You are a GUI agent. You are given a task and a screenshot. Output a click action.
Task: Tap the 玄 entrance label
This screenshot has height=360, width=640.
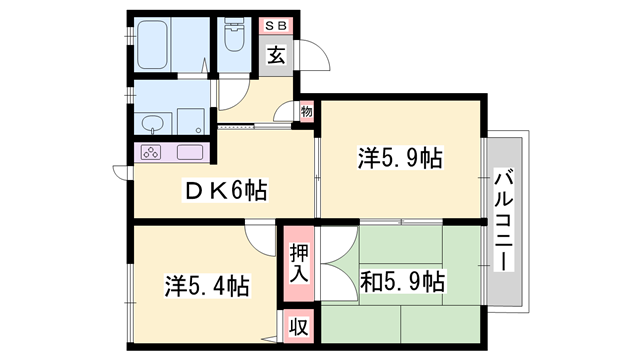click(276, 56)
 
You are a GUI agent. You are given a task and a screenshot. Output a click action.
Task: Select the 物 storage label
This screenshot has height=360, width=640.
click(306, 112)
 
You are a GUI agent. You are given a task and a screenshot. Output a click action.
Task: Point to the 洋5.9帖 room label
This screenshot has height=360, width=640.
click(401, 158)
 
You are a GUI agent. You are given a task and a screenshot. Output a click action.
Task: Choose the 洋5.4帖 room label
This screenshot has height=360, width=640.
click(206, 287)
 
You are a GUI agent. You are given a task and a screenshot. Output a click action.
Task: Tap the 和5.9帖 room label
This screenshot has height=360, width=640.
click(404, 282)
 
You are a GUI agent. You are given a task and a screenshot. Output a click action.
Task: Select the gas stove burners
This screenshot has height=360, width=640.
click(153, 153)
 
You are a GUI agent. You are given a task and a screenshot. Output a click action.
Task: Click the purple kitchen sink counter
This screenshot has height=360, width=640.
click(190, 153)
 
